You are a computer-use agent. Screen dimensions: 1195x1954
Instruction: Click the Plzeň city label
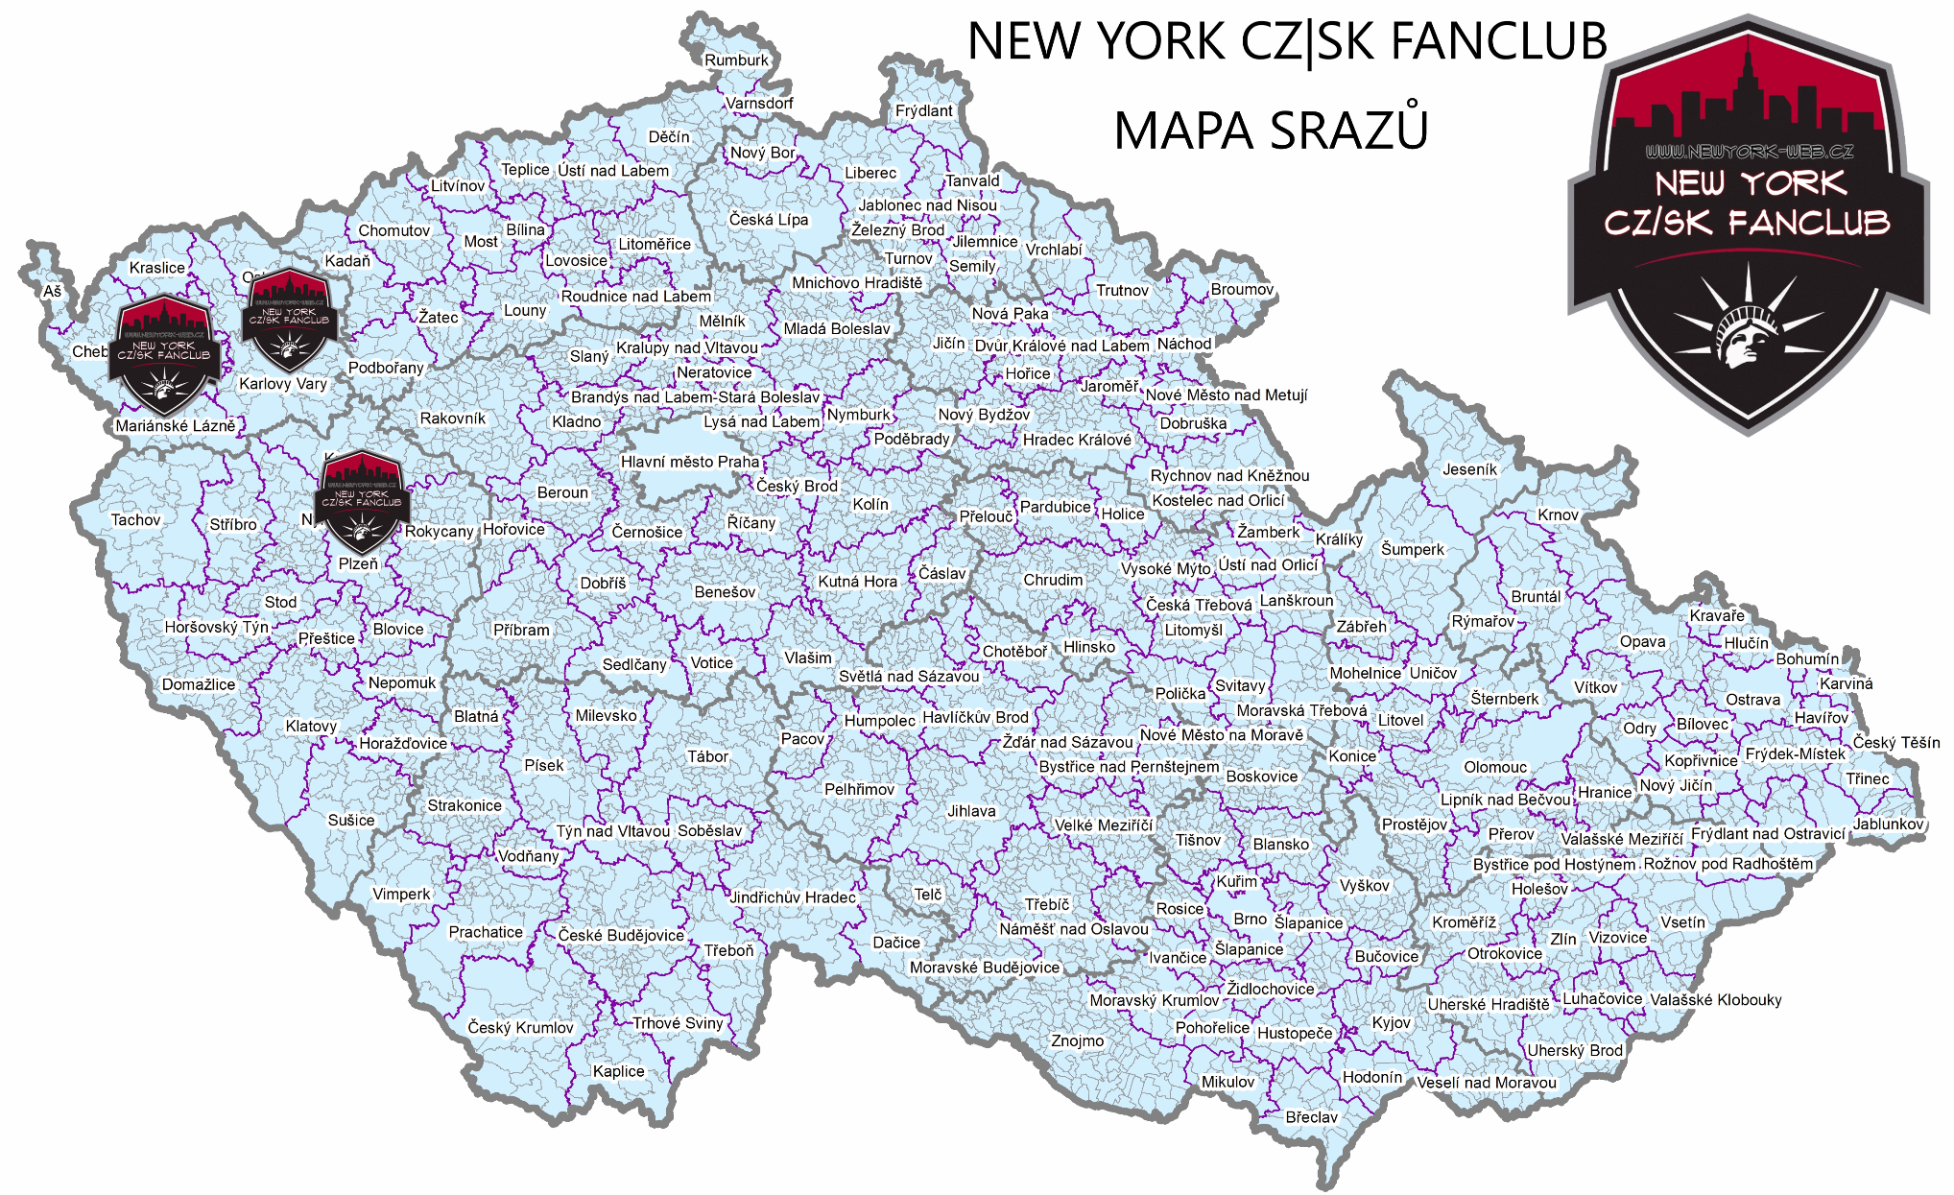click(x=358, y=564)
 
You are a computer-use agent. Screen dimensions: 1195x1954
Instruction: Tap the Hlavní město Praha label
click(x=689, y=462)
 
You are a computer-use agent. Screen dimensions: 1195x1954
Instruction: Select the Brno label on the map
click(x=1250, y=920)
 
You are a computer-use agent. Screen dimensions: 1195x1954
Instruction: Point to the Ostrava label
click(x=1752, y=700)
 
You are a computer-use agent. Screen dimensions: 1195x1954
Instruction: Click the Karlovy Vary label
click(x=283, y=384)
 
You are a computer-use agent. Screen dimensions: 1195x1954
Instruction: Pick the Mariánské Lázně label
click(x=175, y=426)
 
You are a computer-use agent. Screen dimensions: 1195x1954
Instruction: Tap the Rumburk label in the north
click(x=736, y=60)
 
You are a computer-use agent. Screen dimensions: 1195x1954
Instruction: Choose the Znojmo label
click(x=1077, y=1040)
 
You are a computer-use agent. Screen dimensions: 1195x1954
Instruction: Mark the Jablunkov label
click(x=1889, y=824)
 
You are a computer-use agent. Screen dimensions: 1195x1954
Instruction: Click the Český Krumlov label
click(x=520, y=1027)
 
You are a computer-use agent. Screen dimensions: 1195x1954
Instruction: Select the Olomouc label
click(x=1495, y=767)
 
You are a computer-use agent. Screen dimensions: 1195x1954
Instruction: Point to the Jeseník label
click(x=1469, y=469)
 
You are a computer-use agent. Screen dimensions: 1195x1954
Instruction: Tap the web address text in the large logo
click(x=1749, y=152)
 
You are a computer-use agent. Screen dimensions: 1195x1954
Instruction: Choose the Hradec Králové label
click(x=1076, y=440)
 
